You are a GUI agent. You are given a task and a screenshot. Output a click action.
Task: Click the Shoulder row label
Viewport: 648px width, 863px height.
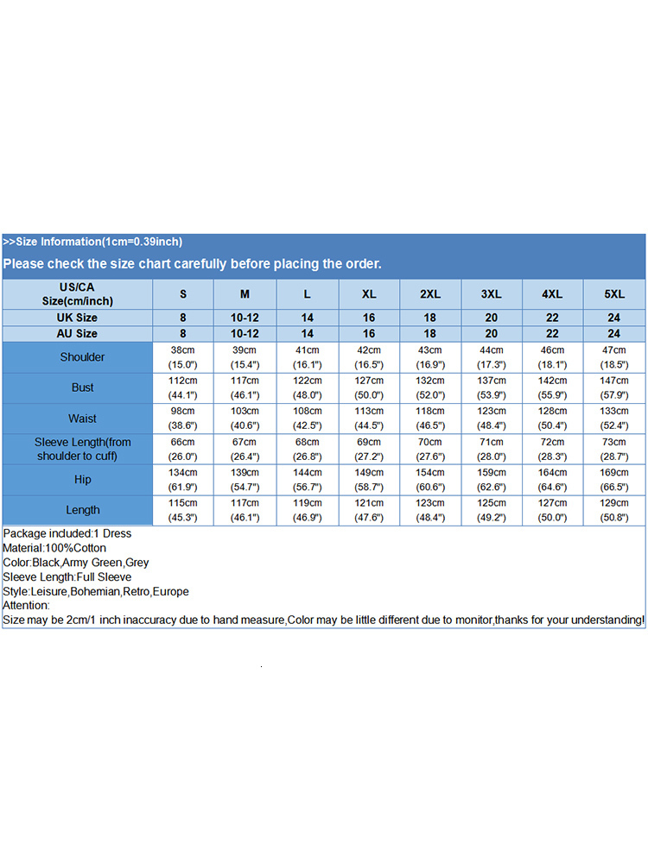pyautogui.click(x=82, y=357)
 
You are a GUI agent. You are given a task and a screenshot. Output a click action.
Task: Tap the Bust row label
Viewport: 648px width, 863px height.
pyautogui.click(x=82, y=387)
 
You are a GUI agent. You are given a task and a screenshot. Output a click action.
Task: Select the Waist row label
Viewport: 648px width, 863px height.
pyautogui.click(x=82, y=419)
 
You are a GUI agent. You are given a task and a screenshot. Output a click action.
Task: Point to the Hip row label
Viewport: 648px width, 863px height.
pyautogui.click(x=82, y=479)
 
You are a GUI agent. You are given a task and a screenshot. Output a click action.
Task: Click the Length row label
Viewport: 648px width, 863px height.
pyautogui.click(x=82, y=510)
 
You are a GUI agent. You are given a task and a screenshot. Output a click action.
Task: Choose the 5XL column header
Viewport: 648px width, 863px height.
pyautogui.click(x=614, y=294)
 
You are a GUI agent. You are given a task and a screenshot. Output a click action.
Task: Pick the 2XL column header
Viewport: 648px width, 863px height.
pyautogui.click(x=430, y=294)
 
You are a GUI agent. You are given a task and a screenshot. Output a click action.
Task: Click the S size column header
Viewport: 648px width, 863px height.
pyautogui.click(x=183, y=294)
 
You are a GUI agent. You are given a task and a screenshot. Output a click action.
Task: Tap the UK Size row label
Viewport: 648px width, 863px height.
pyautogui.click(x=77, y=318)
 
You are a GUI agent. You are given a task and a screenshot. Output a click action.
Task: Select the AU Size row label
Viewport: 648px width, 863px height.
pyautogui.click(x=77, y=333)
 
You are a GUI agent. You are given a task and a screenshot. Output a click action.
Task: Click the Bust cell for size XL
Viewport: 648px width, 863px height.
pyautogui.click(x=369, y=387)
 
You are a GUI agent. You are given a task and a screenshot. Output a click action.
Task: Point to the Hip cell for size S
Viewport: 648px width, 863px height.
pyautogui.click(x=183, y=479)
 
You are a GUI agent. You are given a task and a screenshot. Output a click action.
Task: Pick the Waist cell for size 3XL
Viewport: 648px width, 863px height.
pyautogui.click(x=492, y=419)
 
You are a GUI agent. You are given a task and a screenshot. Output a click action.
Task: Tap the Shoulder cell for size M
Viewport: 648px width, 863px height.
pyautogui.click(x=245, y=357)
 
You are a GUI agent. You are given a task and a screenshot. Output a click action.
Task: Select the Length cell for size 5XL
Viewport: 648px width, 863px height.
pyautogui.click(x=614, y=510)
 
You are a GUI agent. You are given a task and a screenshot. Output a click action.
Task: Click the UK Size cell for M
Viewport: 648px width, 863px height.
pyautogui.click(x=245, y=318)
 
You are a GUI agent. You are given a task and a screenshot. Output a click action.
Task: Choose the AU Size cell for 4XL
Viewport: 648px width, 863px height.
pyautogui.click(x=553, y=333)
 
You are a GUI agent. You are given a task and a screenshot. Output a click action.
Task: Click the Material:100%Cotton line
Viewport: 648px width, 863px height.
pyautogui.click(x=54, y=548)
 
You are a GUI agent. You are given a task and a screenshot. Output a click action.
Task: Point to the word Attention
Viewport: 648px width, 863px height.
pyautogui.click(x=26, y=606)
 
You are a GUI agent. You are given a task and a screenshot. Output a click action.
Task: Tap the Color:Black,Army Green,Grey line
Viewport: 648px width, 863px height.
pyautogui.click(x=76, y=563)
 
